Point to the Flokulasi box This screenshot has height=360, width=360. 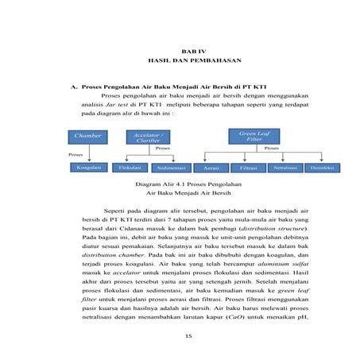pos(130,168)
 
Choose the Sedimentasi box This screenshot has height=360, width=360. pos(171,168)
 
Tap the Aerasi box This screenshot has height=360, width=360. pos(211,168)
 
